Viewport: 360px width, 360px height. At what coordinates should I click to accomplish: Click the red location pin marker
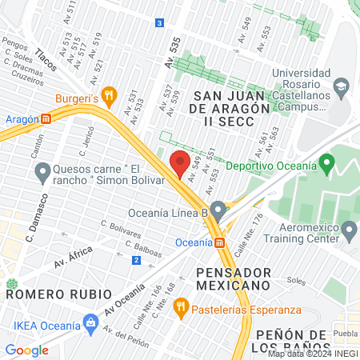tap(180, 162)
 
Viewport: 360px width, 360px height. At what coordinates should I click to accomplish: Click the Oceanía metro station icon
tap(220, 242)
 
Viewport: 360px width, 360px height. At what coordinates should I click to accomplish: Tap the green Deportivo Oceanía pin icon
tap(326, 166)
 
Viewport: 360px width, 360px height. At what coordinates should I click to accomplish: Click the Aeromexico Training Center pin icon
tap(349, 230)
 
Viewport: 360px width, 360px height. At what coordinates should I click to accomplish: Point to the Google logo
tap(26, 350)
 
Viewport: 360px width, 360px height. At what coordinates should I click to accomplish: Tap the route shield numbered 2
tap(136, 260)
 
